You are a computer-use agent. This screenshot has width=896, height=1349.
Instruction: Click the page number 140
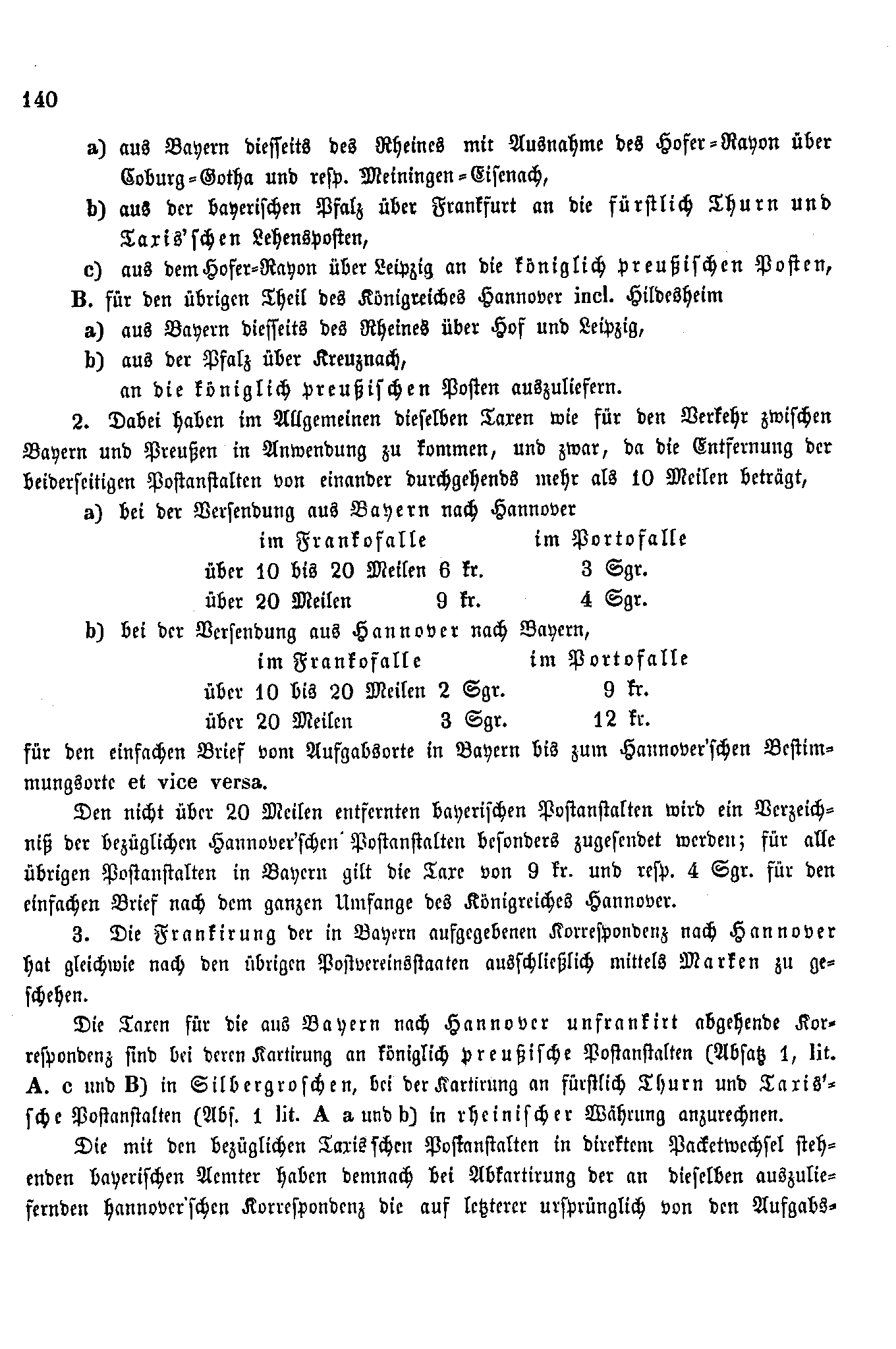[40, 100]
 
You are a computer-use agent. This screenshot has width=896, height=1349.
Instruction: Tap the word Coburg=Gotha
[198, 177]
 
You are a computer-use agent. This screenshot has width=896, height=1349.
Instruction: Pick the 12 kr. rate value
[621, 720]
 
